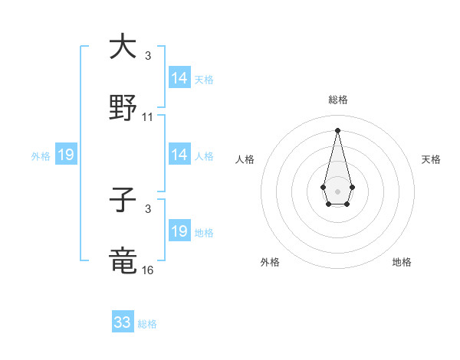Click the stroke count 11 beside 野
pos(148,118)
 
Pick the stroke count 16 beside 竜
pos(148,271)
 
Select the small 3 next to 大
pos(148,56)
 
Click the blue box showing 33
pos(123,322)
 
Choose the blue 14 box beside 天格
pos(179,78)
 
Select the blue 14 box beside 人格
pos(179,155)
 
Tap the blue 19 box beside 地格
pos(179,231)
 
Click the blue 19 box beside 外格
pos(66,155)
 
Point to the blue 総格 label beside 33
pos(147,324)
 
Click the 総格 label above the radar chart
pos(337,100)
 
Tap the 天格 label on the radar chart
pos(431,159)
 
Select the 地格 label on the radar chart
pos(402,263)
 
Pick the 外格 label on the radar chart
pos(270,263)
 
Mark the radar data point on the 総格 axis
pos(337,129)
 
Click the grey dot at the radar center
pos(337,190)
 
